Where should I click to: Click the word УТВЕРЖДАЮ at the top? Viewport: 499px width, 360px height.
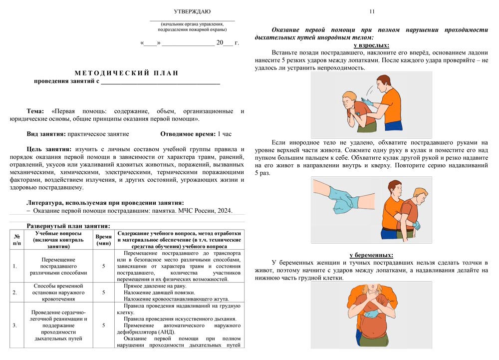click(x=192, y=11)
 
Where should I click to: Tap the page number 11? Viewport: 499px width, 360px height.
click(x=372, y=11)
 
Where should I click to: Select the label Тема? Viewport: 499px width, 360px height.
click(x=35, y=111)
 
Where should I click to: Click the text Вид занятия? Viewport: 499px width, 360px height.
click(x=46, y=134)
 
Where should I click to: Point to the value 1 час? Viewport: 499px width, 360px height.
click(x=225, y=134)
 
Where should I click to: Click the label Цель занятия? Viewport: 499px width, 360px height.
click(x=49, y=149)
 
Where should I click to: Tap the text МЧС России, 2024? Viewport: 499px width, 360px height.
click(x=209, y=211)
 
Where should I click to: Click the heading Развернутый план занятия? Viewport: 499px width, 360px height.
click(x=68, y=226)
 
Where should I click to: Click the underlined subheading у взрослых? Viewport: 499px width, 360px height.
click(x=371, y=45)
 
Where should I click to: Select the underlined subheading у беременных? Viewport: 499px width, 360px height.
click(x=371, y=255)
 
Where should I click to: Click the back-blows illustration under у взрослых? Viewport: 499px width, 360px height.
click(x=372, y=105)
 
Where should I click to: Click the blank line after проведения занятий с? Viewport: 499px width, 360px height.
click(x=160, y=81)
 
